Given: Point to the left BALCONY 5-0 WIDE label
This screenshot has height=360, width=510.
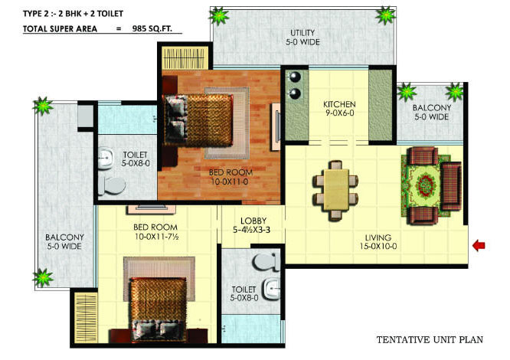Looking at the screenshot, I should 64,242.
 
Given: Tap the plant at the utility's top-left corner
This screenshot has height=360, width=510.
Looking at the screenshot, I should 220,15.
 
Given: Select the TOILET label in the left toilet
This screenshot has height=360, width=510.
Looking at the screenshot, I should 135,159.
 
